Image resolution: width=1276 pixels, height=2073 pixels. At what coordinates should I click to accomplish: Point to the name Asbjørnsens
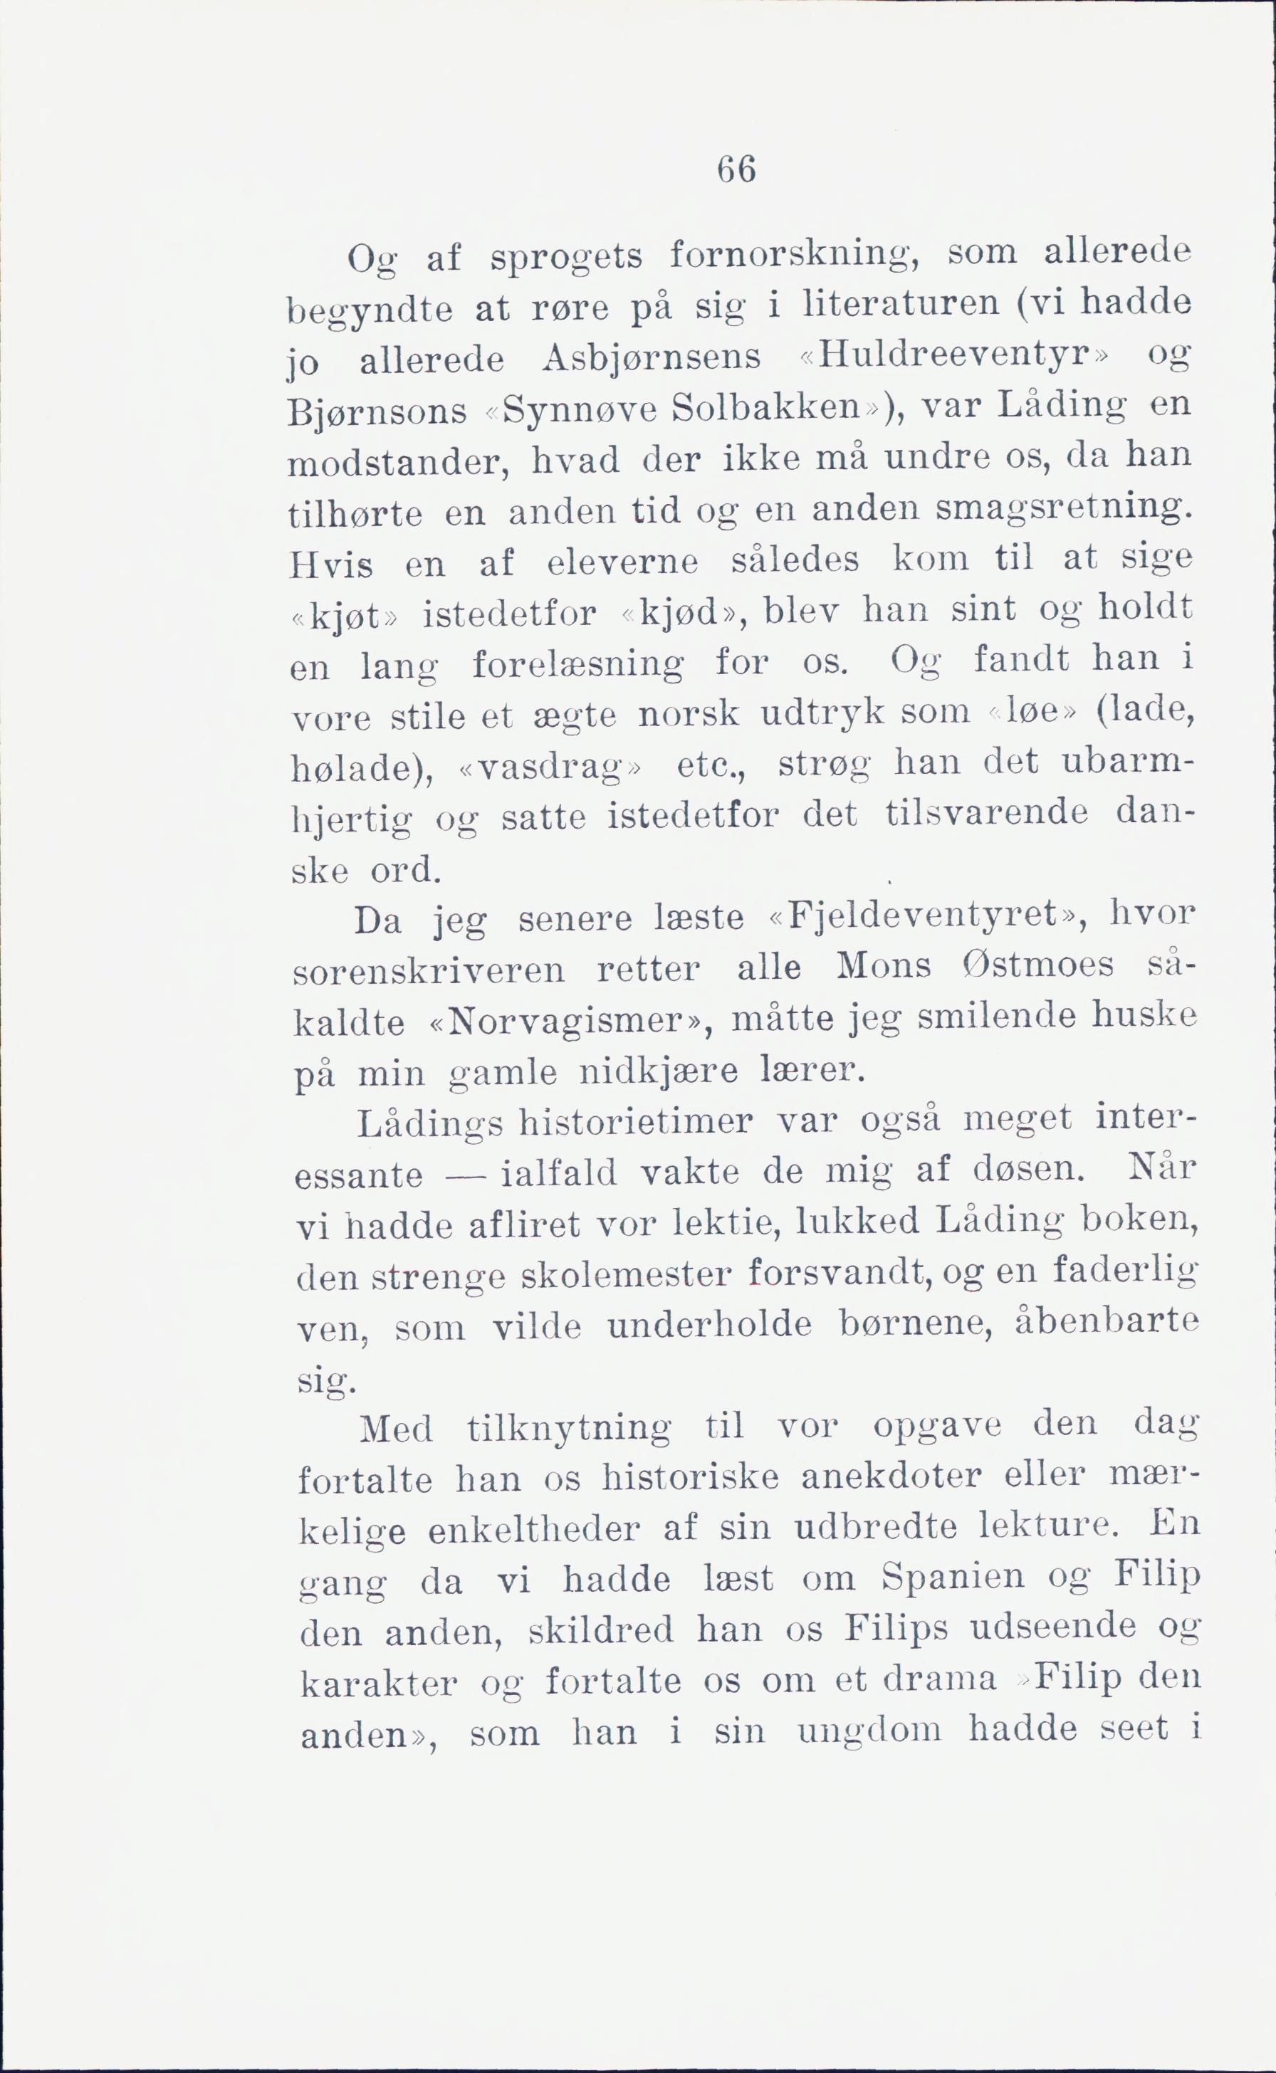[652, 359]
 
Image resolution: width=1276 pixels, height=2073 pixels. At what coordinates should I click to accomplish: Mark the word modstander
[402, 461]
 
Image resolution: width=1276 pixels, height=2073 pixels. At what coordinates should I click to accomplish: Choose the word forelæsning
[578, 666]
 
